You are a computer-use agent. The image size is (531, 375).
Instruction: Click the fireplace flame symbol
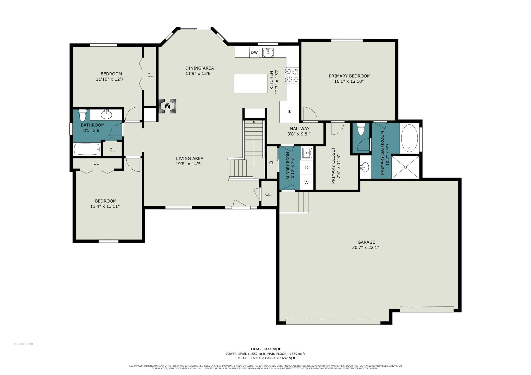pos(167,105)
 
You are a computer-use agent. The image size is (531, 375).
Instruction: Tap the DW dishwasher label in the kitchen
pos(254,53)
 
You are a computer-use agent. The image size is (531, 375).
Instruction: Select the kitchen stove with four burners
pos(292,75)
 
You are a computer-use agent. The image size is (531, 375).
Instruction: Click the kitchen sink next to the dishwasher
pos(268,53)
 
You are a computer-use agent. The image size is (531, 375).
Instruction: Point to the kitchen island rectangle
pos(250,84)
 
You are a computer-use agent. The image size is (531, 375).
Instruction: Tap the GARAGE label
pos(366,242)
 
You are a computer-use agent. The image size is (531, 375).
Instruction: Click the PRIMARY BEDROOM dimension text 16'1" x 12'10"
pos(349,81)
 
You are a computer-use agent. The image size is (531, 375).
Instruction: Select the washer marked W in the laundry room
pos(306,182)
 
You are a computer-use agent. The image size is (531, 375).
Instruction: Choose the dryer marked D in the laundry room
pos(307,168)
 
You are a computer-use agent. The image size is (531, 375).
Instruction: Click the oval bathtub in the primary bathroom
pos(409,139)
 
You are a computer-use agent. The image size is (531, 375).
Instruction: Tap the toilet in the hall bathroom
pos(82,115)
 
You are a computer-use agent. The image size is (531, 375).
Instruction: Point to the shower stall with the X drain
pos(405,167)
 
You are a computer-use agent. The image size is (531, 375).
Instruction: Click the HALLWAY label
pos(299,129)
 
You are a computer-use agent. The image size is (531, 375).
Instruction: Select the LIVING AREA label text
pos(190,158)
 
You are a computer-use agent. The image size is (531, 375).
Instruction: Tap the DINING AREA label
pos(200,68)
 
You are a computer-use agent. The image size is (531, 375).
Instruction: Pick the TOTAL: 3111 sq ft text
pos(265,349)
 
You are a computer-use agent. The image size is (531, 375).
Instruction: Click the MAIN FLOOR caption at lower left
pos(23,344)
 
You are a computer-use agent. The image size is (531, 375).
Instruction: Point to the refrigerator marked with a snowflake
pos(289,112)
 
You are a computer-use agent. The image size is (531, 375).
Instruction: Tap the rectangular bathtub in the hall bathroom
pos(87,149)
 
